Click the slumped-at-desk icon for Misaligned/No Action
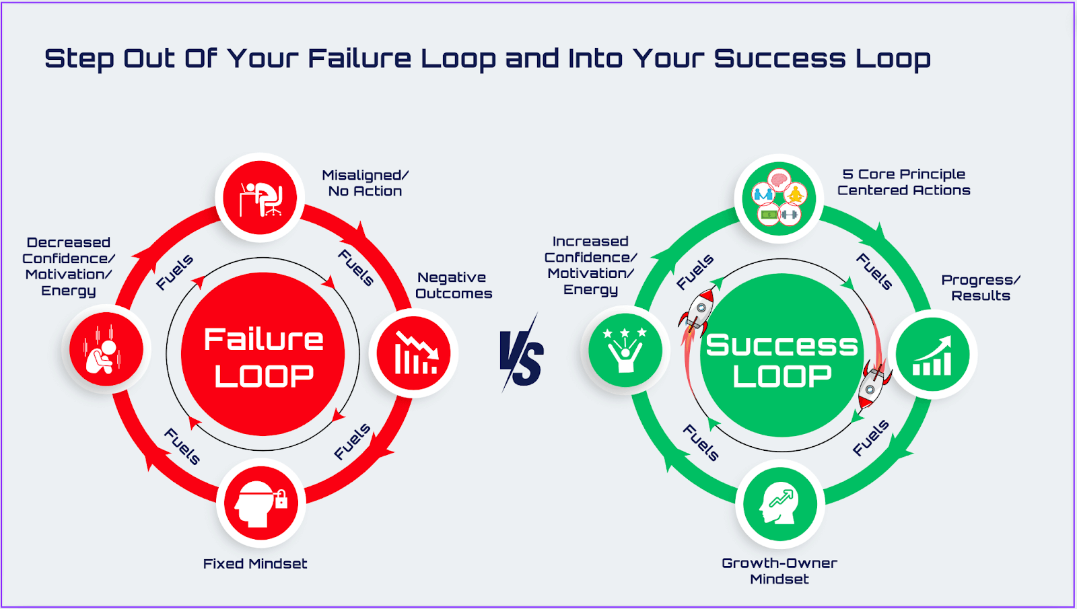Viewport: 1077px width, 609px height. (x=260, y=198)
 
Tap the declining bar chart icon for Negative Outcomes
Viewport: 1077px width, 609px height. (x=413, y=353)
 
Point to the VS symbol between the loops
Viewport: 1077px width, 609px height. (x=522, y=353)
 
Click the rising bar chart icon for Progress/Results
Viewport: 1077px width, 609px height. (x=932, y=355)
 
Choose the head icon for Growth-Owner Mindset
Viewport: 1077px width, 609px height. (x=779, y=504)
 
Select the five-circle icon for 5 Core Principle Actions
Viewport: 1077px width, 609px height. (x=779, y=199)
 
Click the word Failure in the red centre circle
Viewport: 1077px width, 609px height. (x=263, y=339)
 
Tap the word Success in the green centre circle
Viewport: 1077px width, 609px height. (x=781, y=345)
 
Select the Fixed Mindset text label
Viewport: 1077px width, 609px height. (x=255, y=564)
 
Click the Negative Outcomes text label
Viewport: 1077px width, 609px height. (x=453, y=285)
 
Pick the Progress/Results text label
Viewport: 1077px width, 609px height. (x=980, y=287)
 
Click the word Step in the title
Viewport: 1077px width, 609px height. (x=79, y=59)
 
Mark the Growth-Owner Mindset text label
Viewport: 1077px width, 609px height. (x=779, y=571)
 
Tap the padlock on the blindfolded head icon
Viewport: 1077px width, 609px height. (x=281, y=499)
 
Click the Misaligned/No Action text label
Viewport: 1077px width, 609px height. (x=365, y=183)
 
